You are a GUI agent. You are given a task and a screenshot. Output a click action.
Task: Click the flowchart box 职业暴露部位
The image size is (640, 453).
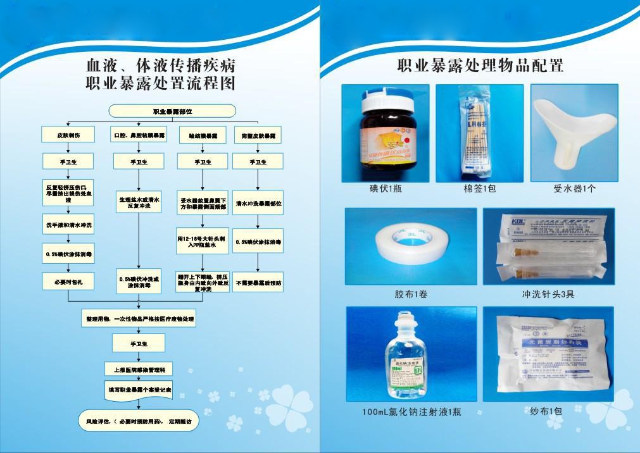coord(172,111)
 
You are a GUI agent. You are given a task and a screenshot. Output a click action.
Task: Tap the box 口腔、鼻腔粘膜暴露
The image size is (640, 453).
coord(139,135)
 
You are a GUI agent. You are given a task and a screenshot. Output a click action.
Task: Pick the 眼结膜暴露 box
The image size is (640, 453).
coord(203,135)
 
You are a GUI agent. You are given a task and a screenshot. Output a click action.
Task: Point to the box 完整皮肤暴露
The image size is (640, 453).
coord(258,135)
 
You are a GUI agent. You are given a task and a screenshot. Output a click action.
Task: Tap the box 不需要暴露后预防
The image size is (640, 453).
coord(258,282)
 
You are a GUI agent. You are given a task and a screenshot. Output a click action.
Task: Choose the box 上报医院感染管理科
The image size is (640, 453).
coord(139,369)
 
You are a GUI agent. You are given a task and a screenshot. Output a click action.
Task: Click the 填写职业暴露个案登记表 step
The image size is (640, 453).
coord(139,390)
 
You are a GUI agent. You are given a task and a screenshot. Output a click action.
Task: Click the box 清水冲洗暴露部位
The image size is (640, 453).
coord(258,204)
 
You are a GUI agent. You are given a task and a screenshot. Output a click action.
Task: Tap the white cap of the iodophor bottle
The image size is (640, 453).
coord(387,99)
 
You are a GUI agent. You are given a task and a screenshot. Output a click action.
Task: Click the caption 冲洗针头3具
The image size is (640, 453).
coord(548,294)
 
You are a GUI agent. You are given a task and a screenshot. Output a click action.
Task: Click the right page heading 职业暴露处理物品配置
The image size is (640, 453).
coord(480,65)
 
